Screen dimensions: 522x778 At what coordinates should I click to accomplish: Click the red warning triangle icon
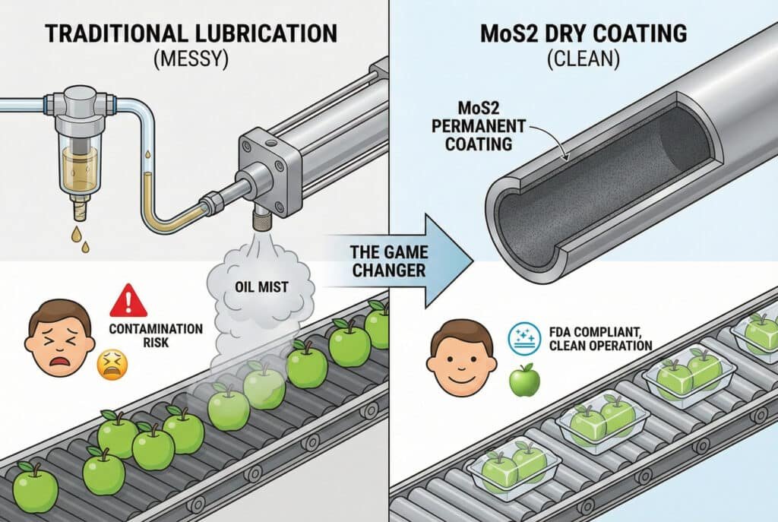(x=128, y=302)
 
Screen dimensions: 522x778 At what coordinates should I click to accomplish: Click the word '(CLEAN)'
(x=583, y=62)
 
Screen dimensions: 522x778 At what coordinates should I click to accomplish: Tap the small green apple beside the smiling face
(x=523, y=379)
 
